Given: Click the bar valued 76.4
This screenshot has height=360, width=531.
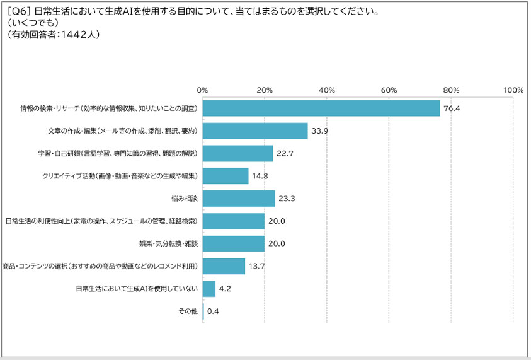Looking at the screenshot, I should point(321,108).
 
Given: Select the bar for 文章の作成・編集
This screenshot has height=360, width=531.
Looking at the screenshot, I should point(255,131).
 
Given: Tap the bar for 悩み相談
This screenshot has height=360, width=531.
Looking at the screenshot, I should point(239,199).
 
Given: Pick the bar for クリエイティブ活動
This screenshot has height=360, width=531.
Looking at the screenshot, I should point(226,176).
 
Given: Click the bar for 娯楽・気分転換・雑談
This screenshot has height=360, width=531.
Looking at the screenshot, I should point(234,244).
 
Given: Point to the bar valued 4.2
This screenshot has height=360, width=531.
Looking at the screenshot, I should point(209,289).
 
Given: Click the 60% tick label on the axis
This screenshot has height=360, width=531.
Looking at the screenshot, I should point(389,90).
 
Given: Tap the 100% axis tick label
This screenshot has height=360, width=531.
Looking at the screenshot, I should point(513,90).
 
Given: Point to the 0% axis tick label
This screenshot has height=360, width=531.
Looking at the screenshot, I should point(203,90).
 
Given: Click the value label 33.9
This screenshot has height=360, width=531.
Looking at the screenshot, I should point(320,131).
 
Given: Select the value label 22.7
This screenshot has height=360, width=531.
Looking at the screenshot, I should point(285,154).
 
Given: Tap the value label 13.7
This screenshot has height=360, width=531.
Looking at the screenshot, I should point(257,267).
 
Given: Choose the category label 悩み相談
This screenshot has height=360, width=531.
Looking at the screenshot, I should point(183,199).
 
